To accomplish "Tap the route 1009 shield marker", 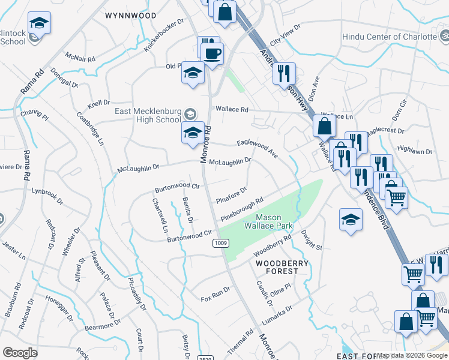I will (220, 243).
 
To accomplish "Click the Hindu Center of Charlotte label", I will (389, 37).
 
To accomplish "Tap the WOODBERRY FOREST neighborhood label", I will (282, 267).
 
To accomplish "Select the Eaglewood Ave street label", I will (258, 148).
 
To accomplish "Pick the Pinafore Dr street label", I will (231, 195).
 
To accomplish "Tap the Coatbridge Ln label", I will (90, 127).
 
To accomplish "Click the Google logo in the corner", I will (20, 353).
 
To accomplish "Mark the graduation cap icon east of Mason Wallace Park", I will (351, 220).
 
